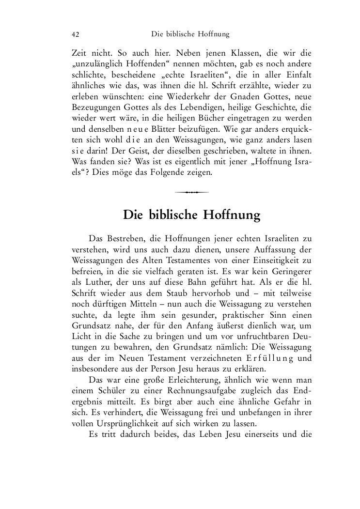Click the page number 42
75,35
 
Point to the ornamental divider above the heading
191,192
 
